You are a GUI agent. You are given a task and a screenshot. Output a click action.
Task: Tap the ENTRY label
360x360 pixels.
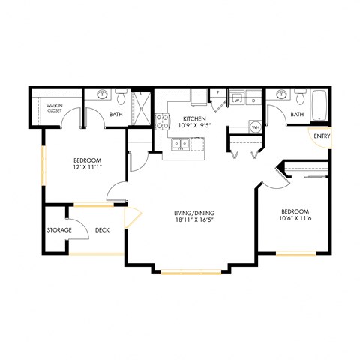[322, 136]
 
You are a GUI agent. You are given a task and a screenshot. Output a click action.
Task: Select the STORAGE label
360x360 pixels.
[59, 230]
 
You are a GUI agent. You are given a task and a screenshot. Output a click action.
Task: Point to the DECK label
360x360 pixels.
[103, 230]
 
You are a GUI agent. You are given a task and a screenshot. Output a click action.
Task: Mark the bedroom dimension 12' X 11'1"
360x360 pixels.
[88, 169]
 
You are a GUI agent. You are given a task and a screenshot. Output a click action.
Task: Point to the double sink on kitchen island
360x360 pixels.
[181, 144]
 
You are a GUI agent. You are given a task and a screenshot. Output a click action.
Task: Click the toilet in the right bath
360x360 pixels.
[300, 97]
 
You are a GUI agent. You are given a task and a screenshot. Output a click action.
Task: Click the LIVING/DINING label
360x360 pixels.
[196, 214]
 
